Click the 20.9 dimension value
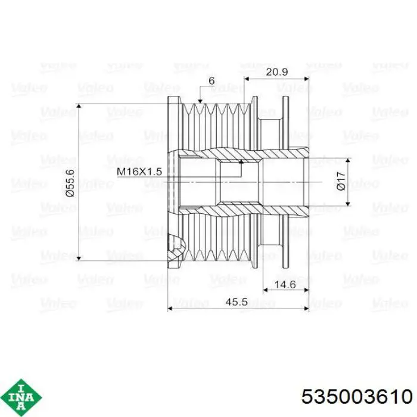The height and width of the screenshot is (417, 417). pyautogui.click(x=276, y=72)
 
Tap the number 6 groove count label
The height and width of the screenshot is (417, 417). pyautogui.click(x=211, y=80)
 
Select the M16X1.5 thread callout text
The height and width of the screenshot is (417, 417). pyautogui.click(x=139, y=172)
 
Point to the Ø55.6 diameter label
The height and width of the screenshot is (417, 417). pyautogui.click(x=70, y=182)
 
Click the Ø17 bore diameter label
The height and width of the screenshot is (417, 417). pyautogui.click(x=341, y=181)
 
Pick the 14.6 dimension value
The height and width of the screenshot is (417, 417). pyautogui.click(x=285, y=285)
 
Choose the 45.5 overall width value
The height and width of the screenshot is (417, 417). pyautogui.click(x=236, y=302)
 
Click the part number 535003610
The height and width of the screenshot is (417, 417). pyautogui.click(x=357, y=397)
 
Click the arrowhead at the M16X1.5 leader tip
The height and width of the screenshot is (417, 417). pyautogui.click(x=241, y=161)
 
